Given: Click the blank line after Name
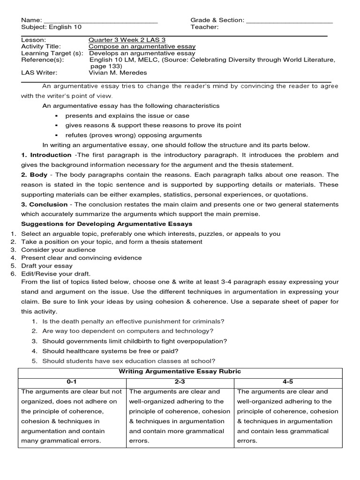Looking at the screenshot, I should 100,21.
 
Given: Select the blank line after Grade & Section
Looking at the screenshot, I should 289,21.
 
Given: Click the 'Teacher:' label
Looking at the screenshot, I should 204,27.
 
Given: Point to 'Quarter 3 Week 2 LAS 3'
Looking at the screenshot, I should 125,40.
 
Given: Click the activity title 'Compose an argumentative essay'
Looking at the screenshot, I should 142,47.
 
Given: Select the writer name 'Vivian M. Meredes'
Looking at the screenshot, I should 117,73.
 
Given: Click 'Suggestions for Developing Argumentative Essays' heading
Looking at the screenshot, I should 107,224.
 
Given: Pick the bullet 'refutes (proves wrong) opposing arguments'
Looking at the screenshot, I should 134,135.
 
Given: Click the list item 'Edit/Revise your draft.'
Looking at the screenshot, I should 56,274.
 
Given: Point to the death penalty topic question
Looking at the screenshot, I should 134,321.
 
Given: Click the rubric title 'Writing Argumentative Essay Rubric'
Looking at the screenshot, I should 180,372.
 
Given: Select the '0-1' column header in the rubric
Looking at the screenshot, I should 72,382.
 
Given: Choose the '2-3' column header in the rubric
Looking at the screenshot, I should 180,382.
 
